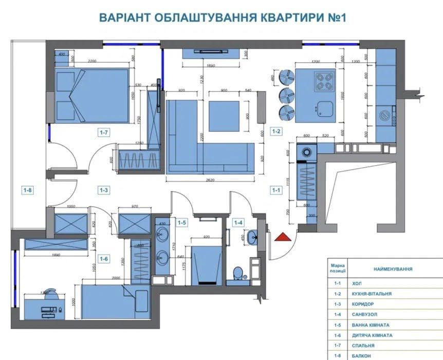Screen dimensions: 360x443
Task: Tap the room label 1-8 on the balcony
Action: pos(27,190)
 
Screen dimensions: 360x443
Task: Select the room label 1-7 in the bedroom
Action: pos(104,132)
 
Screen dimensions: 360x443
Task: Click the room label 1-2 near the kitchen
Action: pos(276,131)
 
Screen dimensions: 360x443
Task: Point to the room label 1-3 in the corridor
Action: pos(104,190)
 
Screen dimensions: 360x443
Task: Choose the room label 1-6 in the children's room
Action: pos(104,259)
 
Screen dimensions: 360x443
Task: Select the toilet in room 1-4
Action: pos(237,273)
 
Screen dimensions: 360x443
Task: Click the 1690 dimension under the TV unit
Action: pos(210,66)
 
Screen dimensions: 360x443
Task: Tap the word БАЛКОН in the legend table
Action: pos(363,355)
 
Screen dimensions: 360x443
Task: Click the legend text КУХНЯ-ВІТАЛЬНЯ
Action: pos(372,294)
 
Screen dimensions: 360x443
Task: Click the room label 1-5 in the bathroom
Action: pos(182,223)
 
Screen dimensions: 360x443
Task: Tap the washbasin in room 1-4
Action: pos(252,238)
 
